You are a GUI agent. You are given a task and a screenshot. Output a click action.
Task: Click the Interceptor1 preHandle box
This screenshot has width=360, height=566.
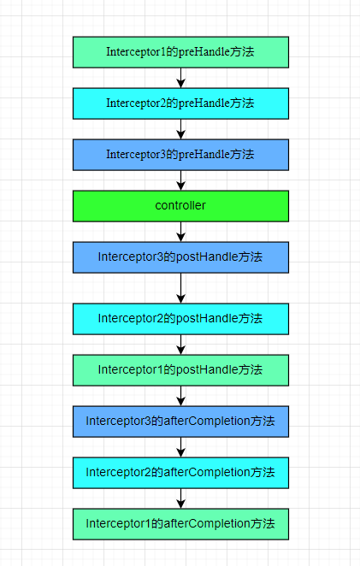click(x=180, y=52)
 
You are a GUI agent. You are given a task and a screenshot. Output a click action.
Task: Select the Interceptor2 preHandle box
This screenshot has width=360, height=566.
click(x=180, y=103)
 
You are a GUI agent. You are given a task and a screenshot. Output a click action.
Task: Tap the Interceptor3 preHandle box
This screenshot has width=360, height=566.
click(x=180, y=155)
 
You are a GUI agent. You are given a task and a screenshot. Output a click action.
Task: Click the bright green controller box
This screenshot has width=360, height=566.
click(x=180, y=206)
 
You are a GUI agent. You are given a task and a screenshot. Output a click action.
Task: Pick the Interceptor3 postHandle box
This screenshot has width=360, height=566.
click(x=180, y=257)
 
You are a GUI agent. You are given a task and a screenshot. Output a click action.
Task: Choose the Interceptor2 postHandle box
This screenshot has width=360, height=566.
click(x=180, y=319)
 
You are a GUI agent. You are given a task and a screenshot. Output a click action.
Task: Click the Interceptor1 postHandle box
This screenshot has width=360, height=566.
click(x=180, y=370)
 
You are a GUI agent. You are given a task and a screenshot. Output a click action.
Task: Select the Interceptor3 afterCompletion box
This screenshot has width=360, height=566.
click(x=180, y=422)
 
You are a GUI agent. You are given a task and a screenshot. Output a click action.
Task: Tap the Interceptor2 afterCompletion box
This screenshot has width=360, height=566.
click(x=180, y=473)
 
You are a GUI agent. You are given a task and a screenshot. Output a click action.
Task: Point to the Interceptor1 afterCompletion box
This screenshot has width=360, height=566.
click(x=180, y=524)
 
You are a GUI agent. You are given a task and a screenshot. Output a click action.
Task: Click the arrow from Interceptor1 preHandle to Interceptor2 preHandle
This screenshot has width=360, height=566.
click(x=181, y=78)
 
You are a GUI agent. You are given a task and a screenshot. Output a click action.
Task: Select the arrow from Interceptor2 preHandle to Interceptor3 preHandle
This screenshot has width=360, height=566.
click(x=181, y=129)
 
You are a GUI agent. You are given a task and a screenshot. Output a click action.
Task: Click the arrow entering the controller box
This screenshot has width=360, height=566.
click(x=181, y=180)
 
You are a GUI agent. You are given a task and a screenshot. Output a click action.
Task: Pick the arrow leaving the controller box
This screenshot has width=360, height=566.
click(x=181, y=232)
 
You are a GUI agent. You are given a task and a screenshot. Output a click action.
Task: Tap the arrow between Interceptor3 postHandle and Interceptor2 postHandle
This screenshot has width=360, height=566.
click(x=181, y=288)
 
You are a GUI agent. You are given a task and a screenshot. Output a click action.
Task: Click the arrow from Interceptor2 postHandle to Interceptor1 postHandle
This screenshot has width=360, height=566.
click(x=181, y=345)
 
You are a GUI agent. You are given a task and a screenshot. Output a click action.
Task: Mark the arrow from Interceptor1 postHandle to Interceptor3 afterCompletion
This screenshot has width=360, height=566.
click(x=181, y=396)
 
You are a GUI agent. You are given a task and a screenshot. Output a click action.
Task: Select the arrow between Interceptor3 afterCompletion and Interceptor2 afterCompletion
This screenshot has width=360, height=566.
click(x=181, y=447)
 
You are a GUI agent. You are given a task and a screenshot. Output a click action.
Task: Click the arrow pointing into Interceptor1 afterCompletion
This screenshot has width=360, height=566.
click(x=181, y=498)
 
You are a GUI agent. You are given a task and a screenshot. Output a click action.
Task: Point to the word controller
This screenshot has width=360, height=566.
click(x=180, y=205)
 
